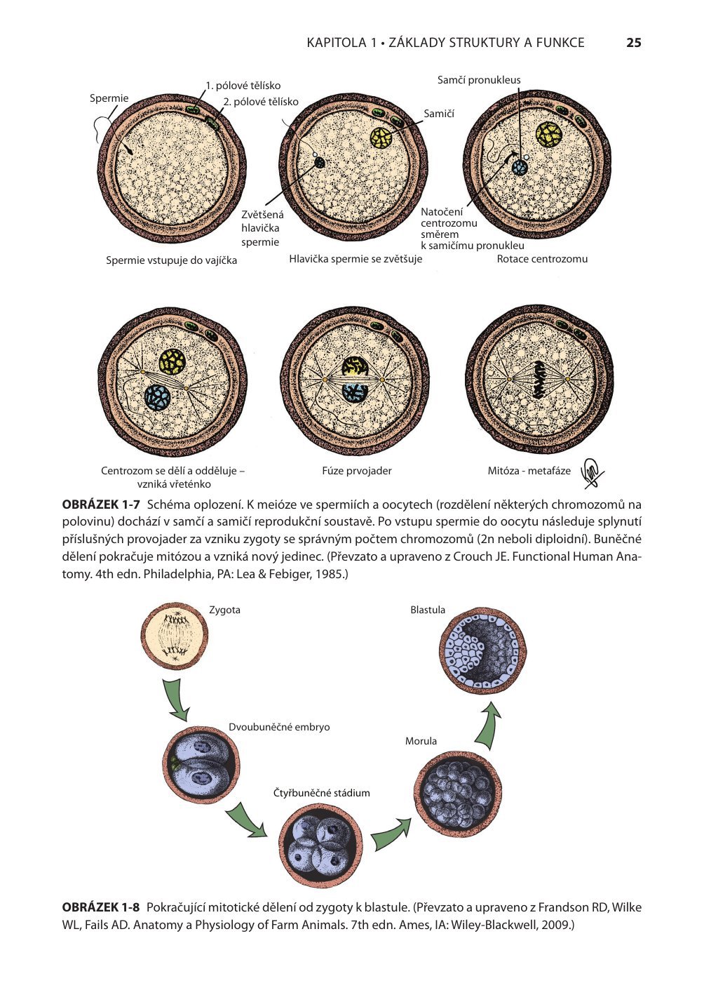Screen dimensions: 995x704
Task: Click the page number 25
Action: click(633, 43)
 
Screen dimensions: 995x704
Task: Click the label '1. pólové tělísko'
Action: click(243, 86)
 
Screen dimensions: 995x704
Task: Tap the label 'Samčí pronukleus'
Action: click(479, 80)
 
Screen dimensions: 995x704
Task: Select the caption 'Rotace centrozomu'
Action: click(542, 259)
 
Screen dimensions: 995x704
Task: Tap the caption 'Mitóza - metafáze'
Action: click(529, 471)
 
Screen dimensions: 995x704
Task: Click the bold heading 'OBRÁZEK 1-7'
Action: click(102, 505)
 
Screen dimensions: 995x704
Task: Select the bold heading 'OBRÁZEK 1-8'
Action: click(102, 907)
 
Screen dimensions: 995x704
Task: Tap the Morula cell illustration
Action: click(461, 791)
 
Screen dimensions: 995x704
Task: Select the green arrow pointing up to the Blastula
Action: click(488, 725)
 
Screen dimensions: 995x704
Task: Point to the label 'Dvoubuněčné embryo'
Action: click(279, 727)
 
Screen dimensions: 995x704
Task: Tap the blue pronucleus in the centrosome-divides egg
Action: click(158, 397)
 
